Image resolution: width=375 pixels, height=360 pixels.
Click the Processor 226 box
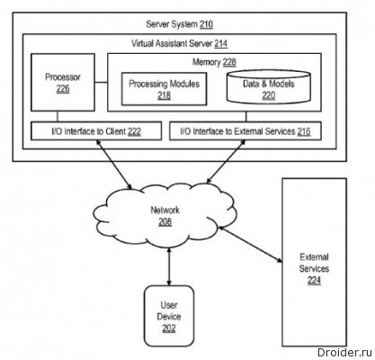click(63, 83)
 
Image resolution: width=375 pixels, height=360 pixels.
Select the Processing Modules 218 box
click(164, 89)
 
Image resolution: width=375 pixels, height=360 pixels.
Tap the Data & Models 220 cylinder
click(268, 87)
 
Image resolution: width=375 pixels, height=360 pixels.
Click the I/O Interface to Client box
click(96, 130)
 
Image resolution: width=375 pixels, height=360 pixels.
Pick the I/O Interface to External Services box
click(246, 130)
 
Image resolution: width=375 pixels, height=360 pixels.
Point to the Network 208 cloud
click(165, 214)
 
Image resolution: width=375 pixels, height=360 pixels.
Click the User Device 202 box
click(169, 316)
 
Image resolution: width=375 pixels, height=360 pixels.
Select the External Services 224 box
click(314, 262)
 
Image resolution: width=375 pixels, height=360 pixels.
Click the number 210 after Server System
click(206, 24)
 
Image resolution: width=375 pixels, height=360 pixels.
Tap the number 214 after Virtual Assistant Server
click(220, 44)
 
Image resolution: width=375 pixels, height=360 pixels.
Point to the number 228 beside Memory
click(229, 62)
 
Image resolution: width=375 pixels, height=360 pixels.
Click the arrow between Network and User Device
click(169, 266)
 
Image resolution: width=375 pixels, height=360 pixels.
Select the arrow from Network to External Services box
click(251, 245)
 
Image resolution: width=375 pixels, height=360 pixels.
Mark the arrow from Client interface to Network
click(113, 165)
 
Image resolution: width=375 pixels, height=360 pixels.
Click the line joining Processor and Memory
click(102, 82)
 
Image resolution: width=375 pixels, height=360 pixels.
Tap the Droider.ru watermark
click(344, 353)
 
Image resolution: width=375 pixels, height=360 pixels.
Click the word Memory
click(207, 62)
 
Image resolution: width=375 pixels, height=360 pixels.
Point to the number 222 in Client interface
click(134, 131)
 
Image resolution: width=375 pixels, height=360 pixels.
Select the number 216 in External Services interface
click(304, 131)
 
